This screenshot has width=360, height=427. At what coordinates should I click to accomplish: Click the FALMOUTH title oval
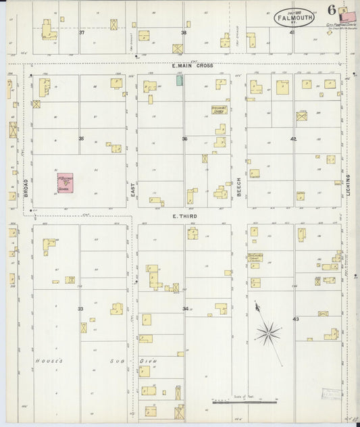coord(294,17)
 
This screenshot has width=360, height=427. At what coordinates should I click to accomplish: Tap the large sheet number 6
coord(332,9)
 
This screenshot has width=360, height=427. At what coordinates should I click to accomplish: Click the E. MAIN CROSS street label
coord(192,66)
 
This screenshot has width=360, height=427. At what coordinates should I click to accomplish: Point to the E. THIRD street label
coord(184,216)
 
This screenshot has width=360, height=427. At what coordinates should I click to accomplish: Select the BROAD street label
coord(26,187)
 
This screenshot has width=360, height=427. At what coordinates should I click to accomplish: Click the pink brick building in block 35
coord(65,184)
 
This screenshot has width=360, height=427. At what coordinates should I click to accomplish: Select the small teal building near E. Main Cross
coord(179,80)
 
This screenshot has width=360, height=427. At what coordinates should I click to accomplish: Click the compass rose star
coord(268,331)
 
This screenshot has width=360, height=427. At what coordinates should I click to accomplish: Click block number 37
coord(82,32)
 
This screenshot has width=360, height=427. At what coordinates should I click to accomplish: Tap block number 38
coord(183,32)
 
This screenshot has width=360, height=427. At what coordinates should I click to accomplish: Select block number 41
coord(292,32)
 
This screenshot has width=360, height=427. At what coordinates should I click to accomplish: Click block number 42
coord(293,139)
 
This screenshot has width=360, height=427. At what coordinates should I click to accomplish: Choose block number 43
coord(295,318)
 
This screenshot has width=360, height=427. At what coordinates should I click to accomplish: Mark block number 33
coord(80,309)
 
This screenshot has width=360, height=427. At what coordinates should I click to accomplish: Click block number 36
coord(184,139)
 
